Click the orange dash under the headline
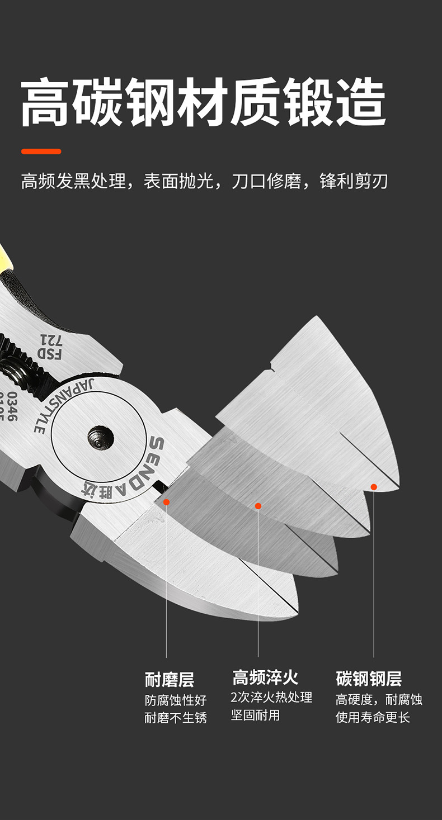pos(41,151)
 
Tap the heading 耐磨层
pos(170,680)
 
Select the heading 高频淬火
pos(265,677)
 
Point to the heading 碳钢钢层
pos(369,679)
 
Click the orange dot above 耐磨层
pos(166,502)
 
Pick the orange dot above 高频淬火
pos(258,506)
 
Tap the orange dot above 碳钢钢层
pos(374,487)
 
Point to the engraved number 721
pos(48,339)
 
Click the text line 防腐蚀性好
pos(175,700)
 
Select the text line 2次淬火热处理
pos(271,698)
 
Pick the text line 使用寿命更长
pos(373,717)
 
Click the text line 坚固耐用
pos(255,715)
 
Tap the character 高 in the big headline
pos(46,103)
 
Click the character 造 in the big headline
pos(361,103)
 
